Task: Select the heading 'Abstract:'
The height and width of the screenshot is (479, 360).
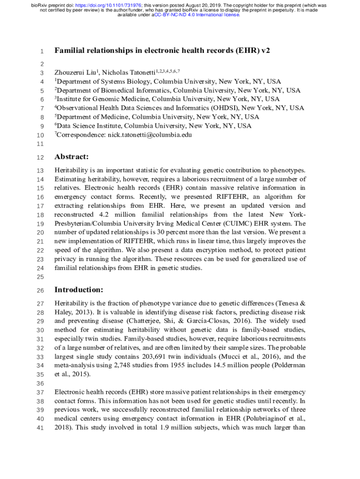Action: tap(72, 157)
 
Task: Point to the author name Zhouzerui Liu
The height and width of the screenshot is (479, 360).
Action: tap(75, 73)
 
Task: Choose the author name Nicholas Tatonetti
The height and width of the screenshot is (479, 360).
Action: tap(129, 73)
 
